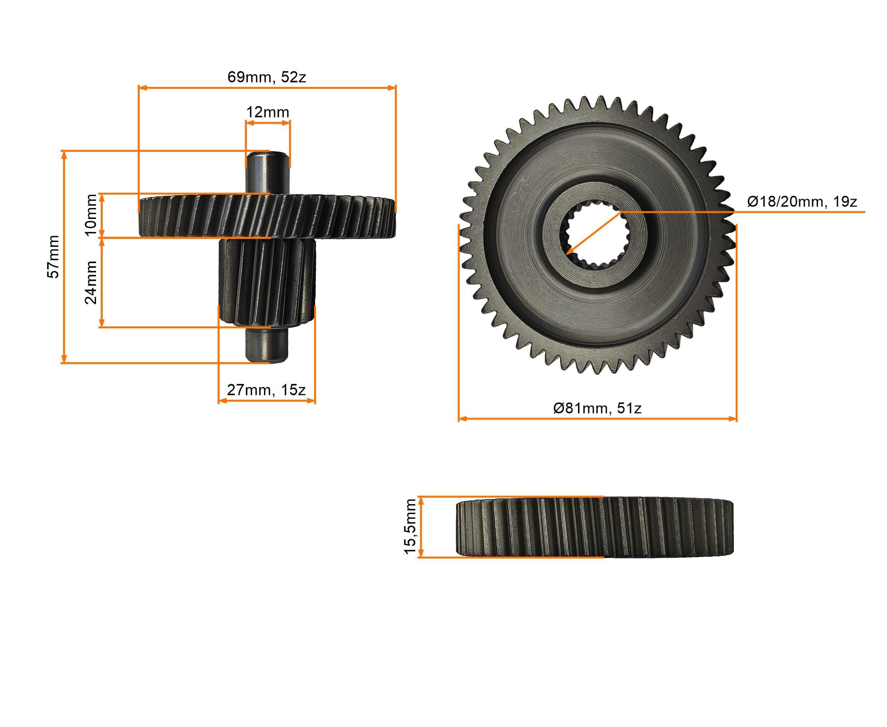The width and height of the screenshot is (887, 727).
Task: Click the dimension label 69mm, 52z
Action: (266, 77)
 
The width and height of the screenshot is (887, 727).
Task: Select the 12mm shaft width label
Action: (267, 112)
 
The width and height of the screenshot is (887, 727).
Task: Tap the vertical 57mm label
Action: (53, 256)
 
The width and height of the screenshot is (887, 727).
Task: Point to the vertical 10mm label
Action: (91, 215)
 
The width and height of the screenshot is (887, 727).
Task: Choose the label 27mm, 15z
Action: (266, 390)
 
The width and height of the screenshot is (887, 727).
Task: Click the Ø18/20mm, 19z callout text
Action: (802, 202)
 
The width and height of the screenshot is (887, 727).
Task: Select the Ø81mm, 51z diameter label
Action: (597, 408)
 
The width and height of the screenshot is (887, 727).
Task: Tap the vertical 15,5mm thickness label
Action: (410, 526)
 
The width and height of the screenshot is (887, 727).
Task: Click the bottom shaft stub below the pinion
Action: (267, 346)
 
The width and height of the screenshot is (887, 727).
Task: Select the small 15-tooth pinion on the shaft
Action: (267, 283)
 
